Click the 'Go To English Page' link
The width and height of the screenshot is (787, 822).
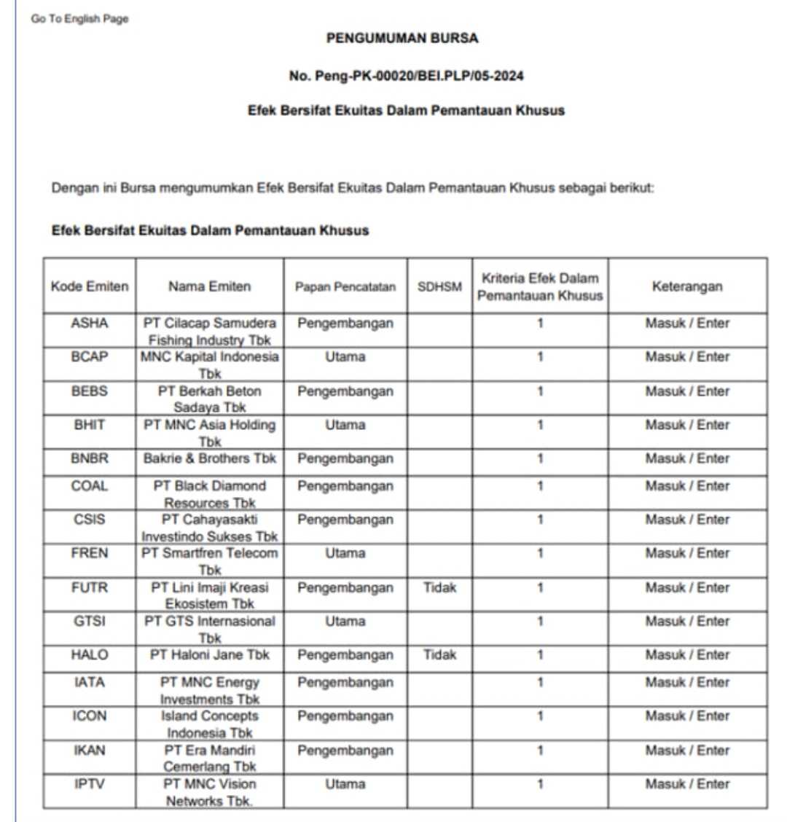point(79,19)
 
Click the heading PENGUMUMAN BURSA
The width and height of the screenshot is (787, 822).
point(402,39)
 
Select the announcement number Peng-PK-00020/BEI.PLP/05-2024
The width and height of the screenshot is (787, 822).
point(406,76)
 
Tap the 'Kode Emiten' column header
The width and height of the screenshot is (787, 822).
point(89,286)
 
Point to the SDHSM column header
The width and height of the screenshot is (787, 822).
point(439,286)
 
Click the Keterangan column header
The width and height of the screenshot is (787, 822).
point(687,286)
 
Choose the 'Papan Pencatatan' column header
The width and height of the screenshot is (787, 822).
point(345,286)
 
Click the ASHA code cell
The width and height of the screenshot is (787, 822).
point(89,323)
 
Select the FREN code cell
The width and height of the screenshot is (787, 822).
point(89,553)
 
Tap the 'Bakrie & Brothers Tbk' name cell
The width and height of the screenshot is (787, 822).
point(210,458)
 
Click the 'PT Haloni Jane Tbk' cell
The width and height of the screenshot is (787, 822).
point(210,654)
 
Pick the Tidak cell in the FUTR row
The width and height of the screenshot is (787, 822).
point(439,587)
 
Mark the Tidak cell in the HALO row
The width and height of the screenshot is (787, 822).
point(439,654)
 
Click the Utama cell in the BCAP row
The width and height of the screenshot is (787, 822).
point(345,357)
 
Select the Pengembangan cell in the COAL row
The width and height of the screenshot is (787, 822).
point(345,486)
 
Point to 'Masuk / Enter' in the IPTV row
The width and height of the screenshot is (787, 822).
point(687,784)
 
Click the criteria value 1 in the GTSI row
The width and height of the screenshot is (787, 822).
point(540,621)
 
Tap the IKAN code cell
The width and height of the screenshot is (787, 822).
point(89,750)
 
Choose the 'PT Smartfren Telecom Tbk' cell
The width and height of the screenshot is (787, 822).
point(210,560)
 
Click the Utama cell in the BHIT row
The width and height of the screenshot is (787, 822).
point(345,425)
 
